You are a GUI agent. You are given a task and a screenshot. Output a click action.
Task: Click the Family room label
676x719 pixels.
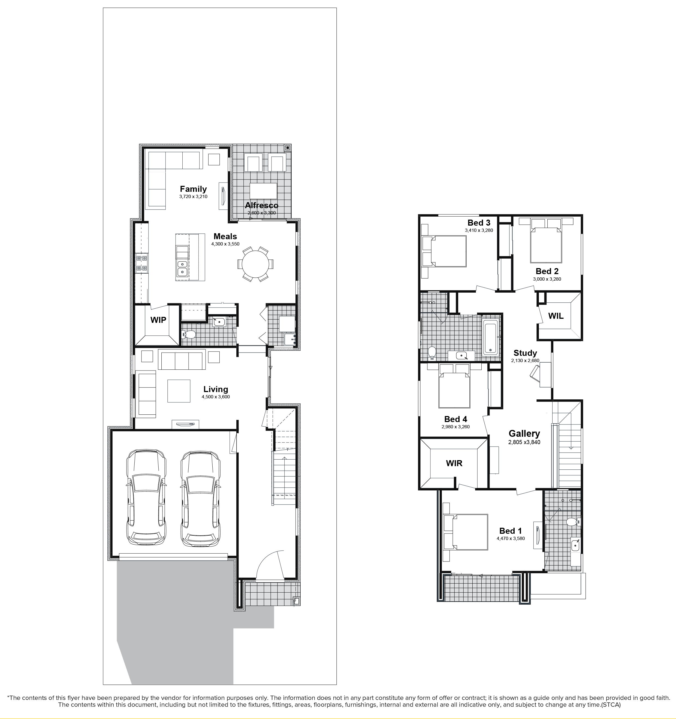[193, 189]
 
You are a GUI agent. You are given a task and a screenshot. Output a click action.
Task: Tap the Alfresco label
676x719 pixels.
[262, 205]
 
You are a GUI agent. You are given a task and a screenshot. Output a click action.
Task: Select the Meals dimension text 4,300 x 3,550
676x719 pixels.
[225, 244]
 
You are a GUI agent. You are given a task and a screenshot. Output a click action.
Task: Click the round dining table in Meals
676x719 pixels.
[255, 264]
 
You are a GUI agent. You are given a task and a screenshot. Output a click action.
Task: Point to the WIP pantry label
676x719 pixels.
[158, 320]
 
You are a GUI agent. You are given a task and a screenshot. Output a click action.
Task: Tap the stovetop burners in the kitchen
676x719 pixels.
[141, 263]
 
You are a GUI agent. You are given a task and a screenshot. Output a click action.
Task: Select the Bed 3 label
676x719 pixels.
[479, 223]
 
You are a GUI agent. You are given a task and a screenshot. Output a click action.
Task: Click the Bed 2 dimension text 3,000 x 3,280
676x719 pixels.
[547, 279]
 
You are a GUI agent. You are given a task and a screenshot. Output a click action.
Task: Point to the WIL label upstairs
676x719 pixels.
[556, 316]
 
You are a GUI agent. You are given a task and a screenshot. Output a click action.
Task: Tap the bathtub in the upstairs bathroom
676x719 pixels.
[490, 338]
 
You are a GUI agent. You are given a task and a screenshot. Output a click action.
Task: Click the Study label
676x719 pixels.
[525, 353]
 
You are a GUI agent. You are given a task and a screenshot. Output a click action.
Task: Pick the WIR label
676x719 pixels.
[454, 463]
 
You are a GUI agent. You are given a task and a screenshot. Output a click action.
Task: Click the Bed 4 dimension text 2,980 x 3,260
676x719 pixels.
[455, 427]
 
